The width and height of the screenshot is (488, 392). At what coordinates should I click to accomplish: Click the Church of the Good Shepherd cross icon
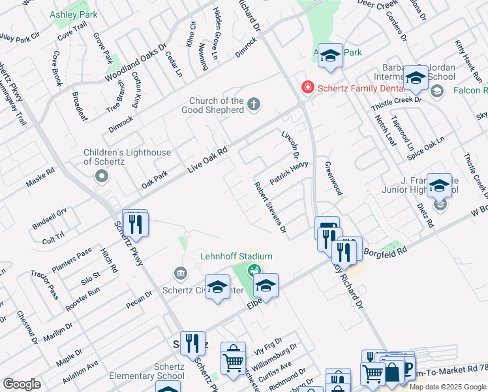pos(254,103)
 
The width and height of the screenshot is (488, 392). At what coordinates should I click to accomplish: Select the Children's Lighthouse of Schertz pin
pos(101,176)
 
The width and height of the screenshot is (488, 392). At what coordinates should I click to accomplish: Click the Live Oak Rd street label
pos(207,159)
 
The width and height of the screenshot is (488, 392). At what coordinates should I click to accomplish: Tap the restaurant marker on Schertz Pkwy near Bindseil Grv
pos(135,224)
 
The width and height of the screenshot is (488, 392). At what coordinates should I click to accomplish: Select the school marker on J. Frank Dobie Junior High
pos(440,187)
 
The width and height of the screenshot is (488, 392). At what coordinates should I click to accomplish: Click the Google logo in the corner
pos(22,384)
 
